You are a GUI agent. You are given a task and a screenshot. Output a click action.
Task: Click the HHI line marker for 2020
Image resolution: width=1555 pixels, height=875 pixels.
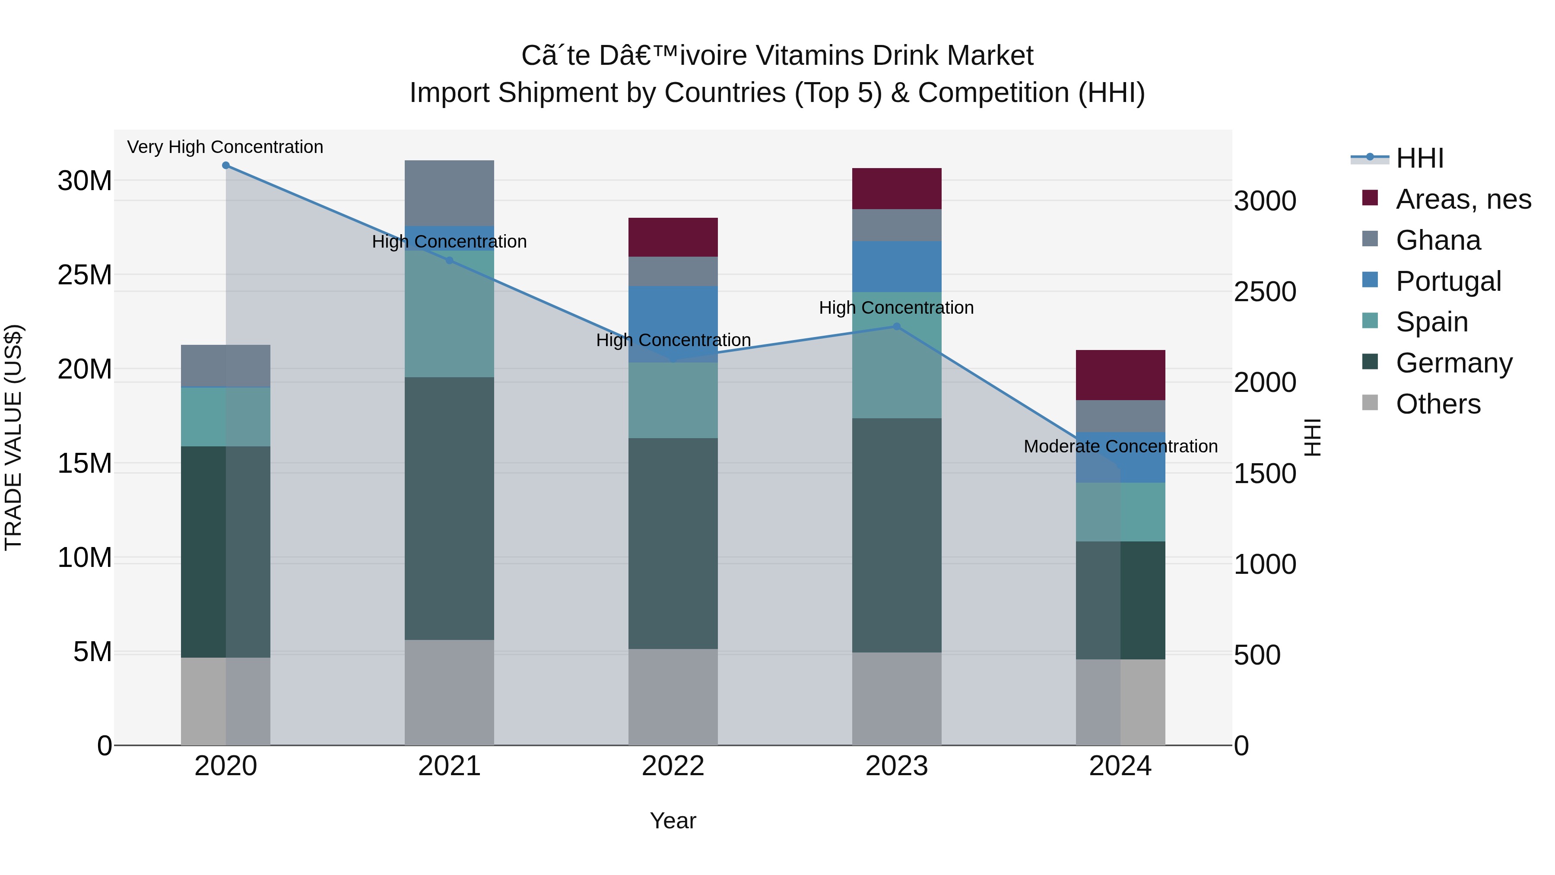click(226, 165)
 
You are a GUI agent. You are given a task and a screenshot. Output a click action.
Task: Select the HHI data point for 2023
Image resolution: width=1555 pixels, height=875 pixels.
click(896, 327)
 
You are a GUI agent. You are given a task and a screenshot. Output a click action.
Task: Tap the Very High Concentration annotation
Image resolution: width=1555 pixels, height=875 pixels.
click(225, 147)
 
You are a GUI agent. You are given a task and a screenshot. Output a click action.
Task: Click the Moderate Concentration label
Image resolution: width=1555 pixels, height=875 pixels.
click(1120, 446)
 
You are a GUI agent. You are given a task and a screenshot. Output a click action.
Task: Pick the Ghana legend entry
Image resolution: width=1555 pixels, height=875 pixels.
click(1438, 240)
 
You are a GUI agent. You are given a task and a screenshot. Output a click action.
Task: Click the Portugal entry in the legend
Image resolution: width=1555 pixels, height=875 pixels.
click(1448, 281)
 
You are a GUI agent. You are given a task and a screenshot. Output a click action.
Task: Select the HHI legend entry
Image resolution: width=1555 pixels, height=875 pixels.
click(1419, 158)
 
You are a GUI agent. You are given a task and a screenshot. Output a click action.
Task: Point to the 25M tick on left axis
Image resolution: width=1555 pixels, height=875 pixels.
click(85, 275)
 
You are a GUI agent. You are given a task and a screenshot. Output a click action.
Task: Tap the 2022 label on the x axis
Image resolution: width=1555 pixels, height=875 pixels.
click(673, 766)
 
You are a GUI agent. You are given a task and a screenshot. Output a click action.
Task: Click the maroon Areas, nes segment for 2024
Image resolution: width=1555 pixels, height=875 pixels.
click(1120, 375)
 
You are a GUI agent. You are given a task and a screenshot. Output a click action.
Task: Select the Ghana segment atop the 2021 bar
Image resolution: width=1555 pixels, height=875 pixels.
click(449, 193)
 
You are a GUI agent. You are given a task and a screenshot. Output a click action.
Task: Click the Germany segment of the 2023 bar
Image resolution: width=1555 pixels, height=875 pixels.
click(896, 535)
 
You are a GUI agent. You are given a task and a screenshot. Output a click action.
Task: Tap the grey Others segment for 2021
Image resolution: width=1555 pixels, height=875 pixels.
click(449, 692)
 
